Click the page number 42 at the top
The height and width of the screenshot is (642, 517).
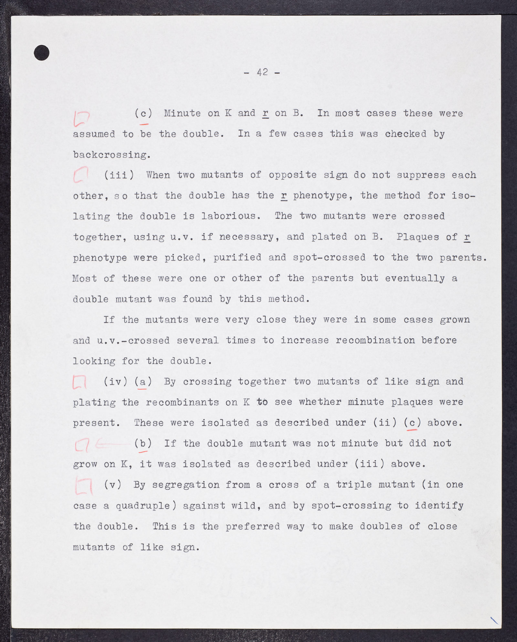click(x=262, y=72)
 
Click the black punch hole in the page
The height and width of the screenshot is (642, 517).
click(x=42, y=53)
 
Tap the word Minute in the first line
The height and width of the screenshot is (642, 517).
click(x=183, y=113)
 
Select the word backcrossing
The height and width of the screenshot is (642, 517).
click(x=111, y=155)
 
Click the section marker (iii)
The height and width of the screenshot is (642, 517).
click(x=118, y=175)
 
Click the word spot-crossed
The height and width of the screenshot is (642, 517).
click(x=329, y=257)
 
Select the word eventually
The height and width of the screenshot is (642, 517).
click(x=415, y=278)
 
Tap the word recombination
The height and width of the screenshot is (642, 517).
click(x=375, y=340)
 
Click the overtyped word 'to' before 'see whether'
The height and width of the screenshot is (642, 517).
click(x=262, y=402)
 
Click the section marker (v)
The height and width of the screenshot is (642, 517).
click(x=112, y=485)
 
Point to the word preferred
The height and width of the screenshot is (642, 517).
click(x=253, y=526)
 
